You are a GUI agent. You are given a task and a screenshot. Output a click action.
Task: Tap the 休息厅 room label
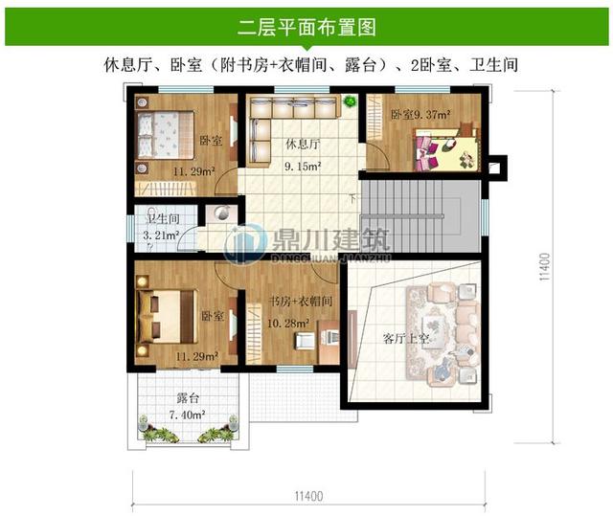point(303,146)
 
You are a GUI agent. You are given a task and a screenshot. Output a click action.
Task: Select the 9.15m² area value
point(303,166)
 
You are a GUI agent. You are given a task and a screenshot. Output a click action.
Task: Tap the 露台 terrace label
point(188,398)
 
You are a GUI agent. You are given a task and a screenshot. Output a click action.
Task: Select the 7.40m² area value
point(188,415)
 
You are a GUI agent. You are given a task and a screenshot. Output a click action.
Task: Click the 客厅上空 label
point(404,339)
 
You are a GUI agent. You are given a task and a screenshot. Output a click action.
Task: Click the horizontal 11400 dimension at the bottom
point(306,495)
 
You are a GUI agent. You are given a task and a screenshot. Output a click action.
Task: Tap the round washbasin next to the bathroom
point(221,214)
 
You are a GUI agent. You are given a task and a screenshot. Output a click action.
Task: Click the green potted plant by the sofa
point(351,100)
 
